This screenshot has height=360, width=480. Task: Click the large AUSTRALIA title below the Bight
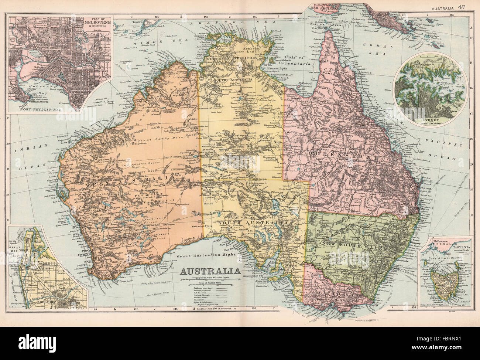209,271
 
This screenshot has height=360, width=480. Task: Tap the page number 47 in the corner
461,6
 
